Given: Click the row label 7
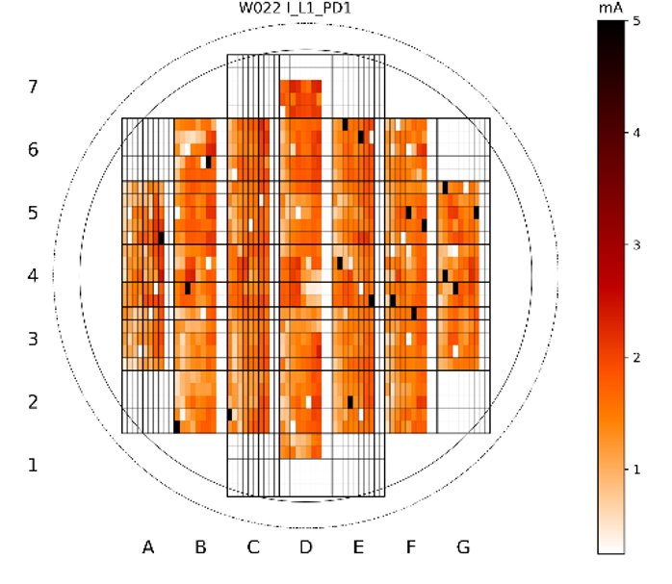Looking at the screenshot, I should coord(33,88).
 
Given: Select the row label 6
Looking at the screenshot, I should coord(33,150).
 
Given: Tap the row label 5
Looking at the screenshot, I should coord(33,213).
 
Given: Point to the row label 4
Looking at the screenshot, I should coord(33,276).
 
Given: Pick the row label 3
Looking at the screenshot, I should coord(33,339).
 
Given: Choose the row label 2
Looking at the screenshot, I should coord(33,401).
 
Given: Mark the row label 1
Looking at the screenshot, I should coord(33,465).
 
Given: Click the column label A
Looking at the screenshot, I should coord(148,547).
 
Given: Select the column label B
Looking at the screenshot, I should coord(200,547).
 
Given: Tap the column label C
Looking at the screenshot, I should coord(253,547).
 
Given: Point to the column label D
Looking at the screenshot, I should coord(305,547).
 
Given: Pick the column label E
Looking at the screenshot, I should coord(358,547).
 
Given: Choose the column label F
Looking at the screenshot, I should coord(411,547).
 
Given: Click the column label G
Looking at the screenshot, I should coord(463,547).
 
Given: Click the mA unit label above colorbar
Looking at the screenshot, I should coord(609,9).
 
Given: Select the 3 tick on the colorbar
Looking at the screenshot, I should coord(635,245).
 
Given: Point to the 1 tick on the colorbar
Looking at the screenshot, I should coord(635,469).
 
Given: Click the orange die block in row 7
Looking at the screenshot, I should coord(300,99).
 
